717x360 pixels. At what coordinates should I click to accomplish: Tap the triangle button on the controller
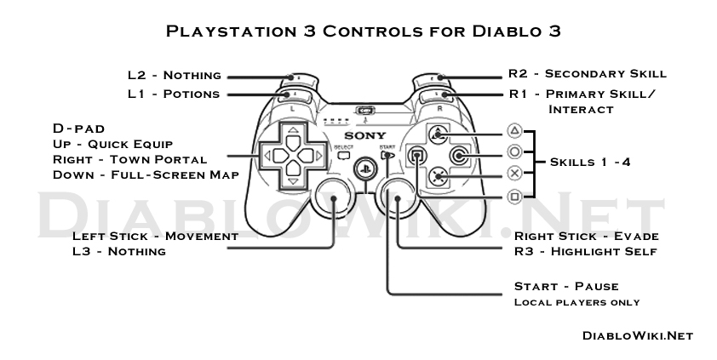(437, 134)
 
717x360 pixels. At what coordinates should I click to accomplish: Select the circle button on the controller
(459, 155)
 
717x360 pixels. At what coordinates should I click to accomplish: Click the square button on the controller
(416, 155)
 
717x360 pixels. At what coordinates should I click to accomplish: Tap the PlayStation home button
(365, 168)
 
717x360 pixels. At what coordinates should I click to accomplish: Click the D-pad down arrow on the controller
(292, 178)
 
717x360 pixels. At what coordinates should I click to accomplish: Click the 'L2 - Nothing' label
(175, 76)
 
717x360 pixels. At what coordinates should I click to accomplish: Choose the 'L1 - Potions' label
(174, 94)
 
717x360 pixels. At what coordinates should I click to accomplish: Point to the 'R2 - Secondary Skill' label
(588, 74)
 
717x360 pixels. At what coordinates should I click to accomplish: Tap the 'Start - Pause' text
(566, 286)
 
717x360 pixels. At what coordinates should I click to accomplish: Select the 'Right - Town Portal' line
(130, 159)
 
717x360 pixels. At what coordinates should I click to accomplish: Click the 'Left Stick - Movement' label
(155, 236)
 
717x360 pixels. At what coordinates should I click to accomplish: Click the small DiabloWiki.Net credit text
(638, 335)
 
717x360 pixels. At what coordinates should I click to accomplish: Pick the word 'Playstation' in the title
(228, 31)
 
